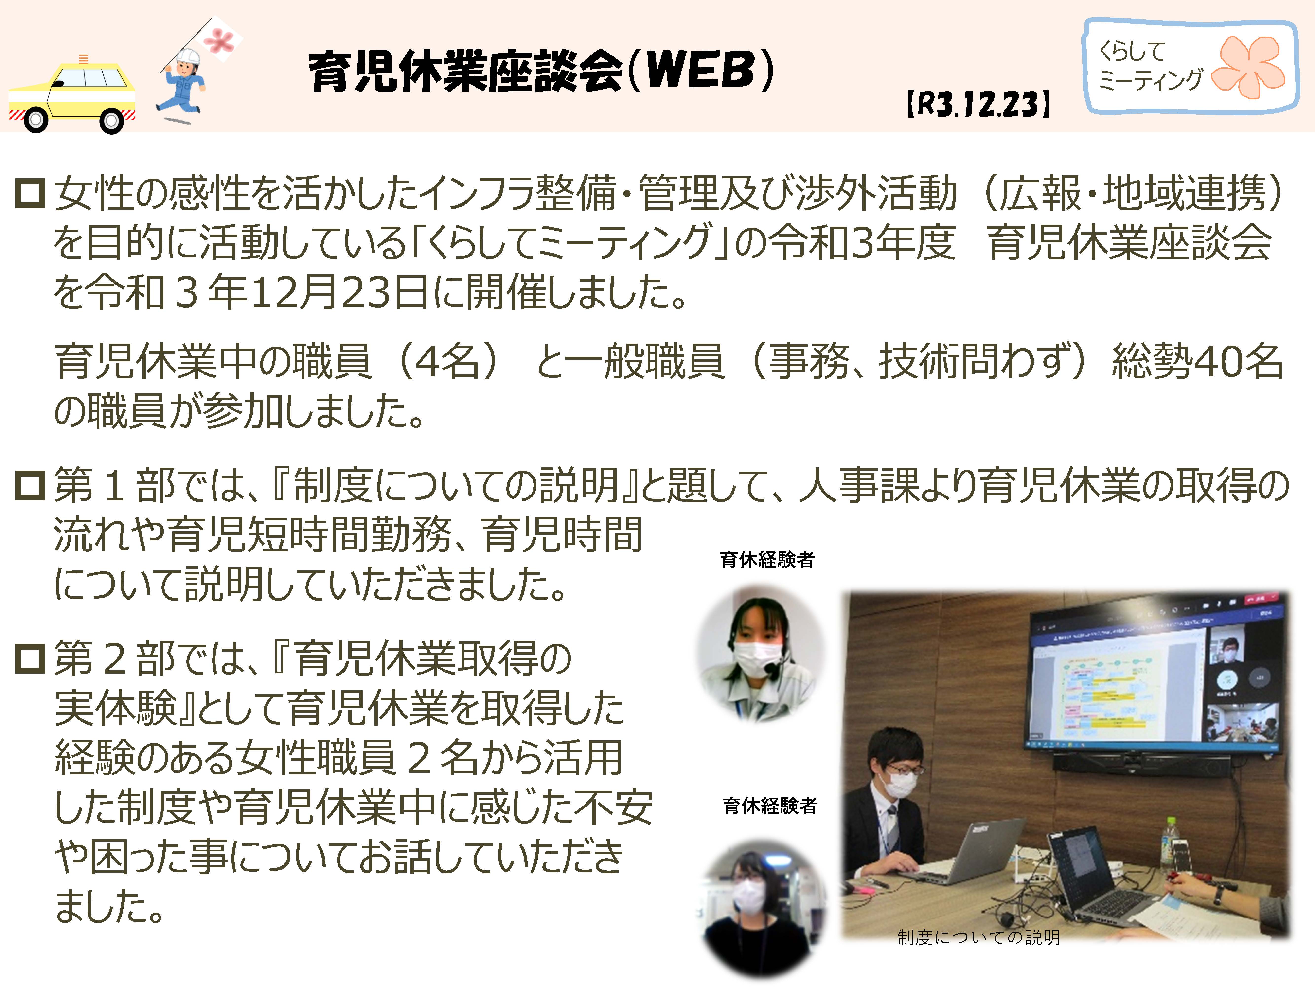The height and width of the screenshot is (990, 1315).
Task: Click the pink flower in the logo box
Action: coord(1248,67)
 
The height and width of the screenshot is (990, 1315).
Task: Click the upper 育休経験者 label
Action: coord(767,560)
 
